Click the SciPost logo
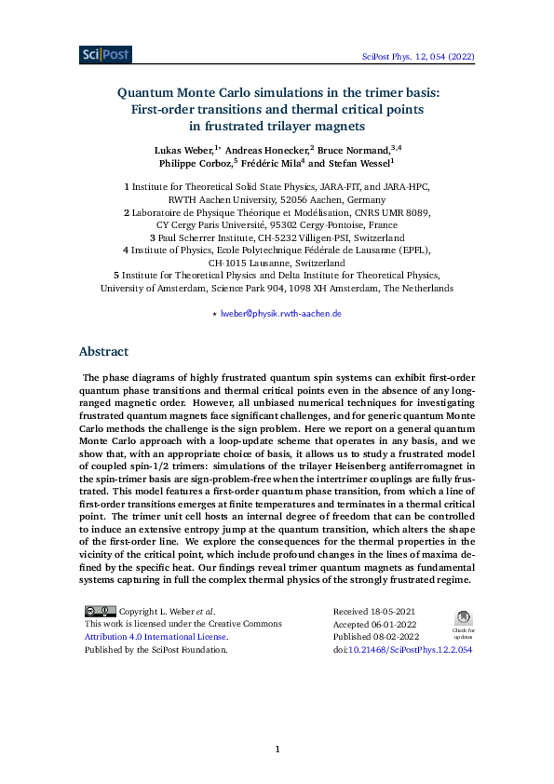[x=105, y=55]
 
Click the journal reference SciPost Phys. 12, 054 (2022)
[x=418, y=57]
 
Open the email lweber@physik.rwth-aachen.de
[x=281, y=314]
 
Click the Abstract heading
[x=103, y=352]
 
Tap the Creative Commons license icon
[x=101, y=611]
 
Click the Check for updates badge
[x=463, y=622]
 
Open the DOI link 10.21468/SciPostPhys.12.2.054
[x=419, y=650]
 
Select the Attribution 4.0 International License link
[x=155, y=637]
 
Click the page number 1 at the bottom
[x=277, y=749]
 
